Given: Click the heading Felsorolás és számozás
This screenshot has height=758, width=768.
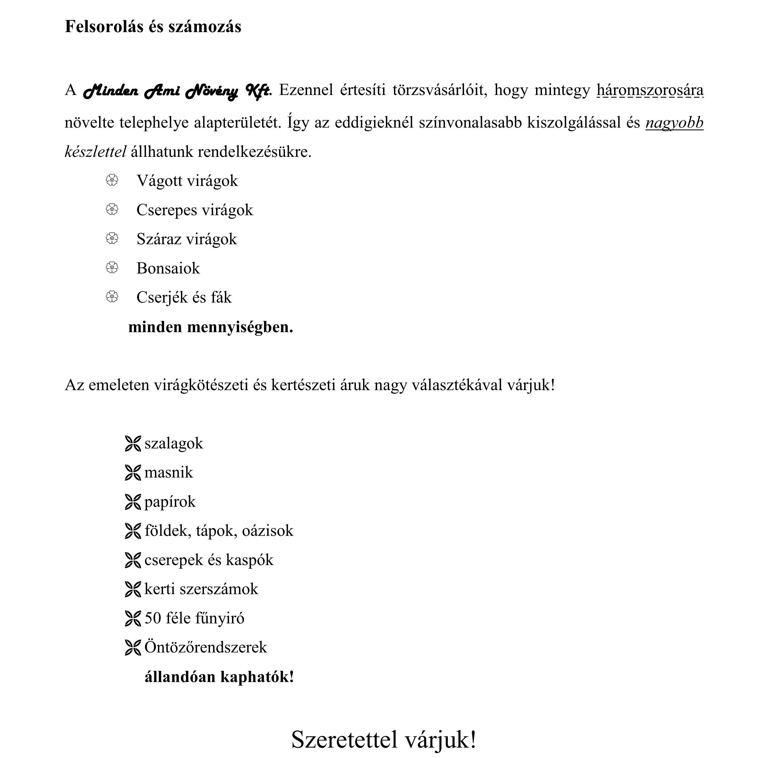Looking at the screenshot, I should point(153,27).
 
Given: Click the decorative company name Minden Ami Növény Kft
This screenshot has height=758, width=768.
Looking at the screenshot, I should point(177,91).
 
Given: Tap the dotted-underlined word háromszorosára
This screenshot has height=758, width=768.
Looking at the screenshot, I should point(650,90).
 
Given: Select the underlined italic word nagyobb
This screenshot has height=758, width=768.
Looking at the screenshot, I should point(674,123).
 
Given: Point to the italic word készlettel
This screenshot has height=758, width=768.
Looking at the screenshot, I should point(95,152).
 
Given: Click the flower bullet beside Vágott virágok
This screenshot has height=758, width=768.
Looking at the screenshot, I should point(112,181).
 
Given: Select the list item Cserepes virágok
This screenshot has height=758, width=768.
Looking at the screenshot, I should point(194,210).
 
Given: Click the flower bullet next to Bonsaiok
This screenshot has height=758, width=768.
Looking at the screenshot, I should point(112,268).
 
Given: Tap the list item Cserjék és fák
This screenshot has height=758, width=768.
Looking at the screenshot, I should point(184,297).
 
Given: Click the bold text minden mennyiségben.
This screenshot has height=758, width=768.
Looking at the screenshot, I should point(211,327).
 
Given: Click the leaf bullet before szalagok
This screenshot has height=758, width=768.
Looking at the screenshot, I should point(133,444).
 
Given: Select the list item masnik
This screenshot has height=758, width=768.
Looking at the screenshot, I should point(168,473).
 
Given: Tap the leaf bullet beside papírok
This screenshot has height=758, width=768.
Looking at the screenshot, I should point(133,502).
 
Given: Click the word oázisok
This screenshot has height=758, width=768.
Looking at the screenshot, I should point(267,531).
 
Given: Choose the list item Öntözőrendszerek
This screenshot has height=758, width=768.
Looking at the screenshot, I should point(206,647).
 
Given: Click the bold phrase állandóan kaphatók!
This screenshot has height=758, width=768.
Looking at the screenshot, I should point(219,677).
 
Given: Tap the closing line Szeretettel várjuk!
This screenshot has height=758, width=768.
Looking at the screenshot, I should point(383,739).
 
